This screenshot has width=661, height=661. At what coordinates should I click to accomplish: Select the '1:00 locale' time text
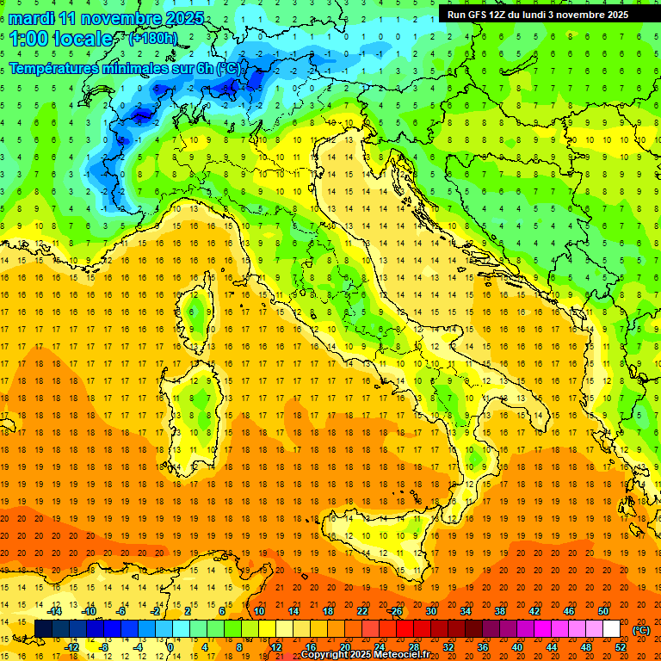pos(61,39)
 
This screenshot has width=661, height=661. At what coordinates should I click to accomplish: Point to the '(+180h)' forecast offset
pos(152,38)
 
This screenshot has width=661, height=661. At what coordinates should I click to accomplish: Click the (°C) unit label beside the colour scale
pos(641,630)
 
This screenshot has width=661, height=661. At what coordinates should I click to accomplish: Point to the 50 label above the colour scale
pos(603,611)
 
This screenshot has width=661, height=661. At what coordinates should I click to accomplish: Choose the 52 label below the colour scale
pos(621,647)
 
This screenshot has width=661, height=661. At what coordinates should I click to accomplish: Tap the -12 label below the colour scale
pos(71,647)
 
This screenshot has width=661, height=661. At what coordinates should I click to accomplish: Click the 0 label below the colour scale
pos(170,647)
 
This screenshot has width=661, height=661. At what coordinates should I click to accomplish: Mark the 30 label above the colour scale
pos(430,611)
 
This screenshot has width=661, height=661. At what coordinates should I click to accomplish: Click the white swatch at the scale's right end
pos(612,629)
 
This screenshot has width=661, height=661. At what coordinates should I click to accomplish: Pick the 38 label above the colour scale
pos(499,611)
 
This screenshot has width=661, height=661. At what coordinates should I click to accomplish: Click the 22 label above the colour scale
pos(361,611)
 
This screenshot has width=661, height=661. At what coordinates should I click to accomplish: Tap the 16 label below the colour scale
pos(310,647)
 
